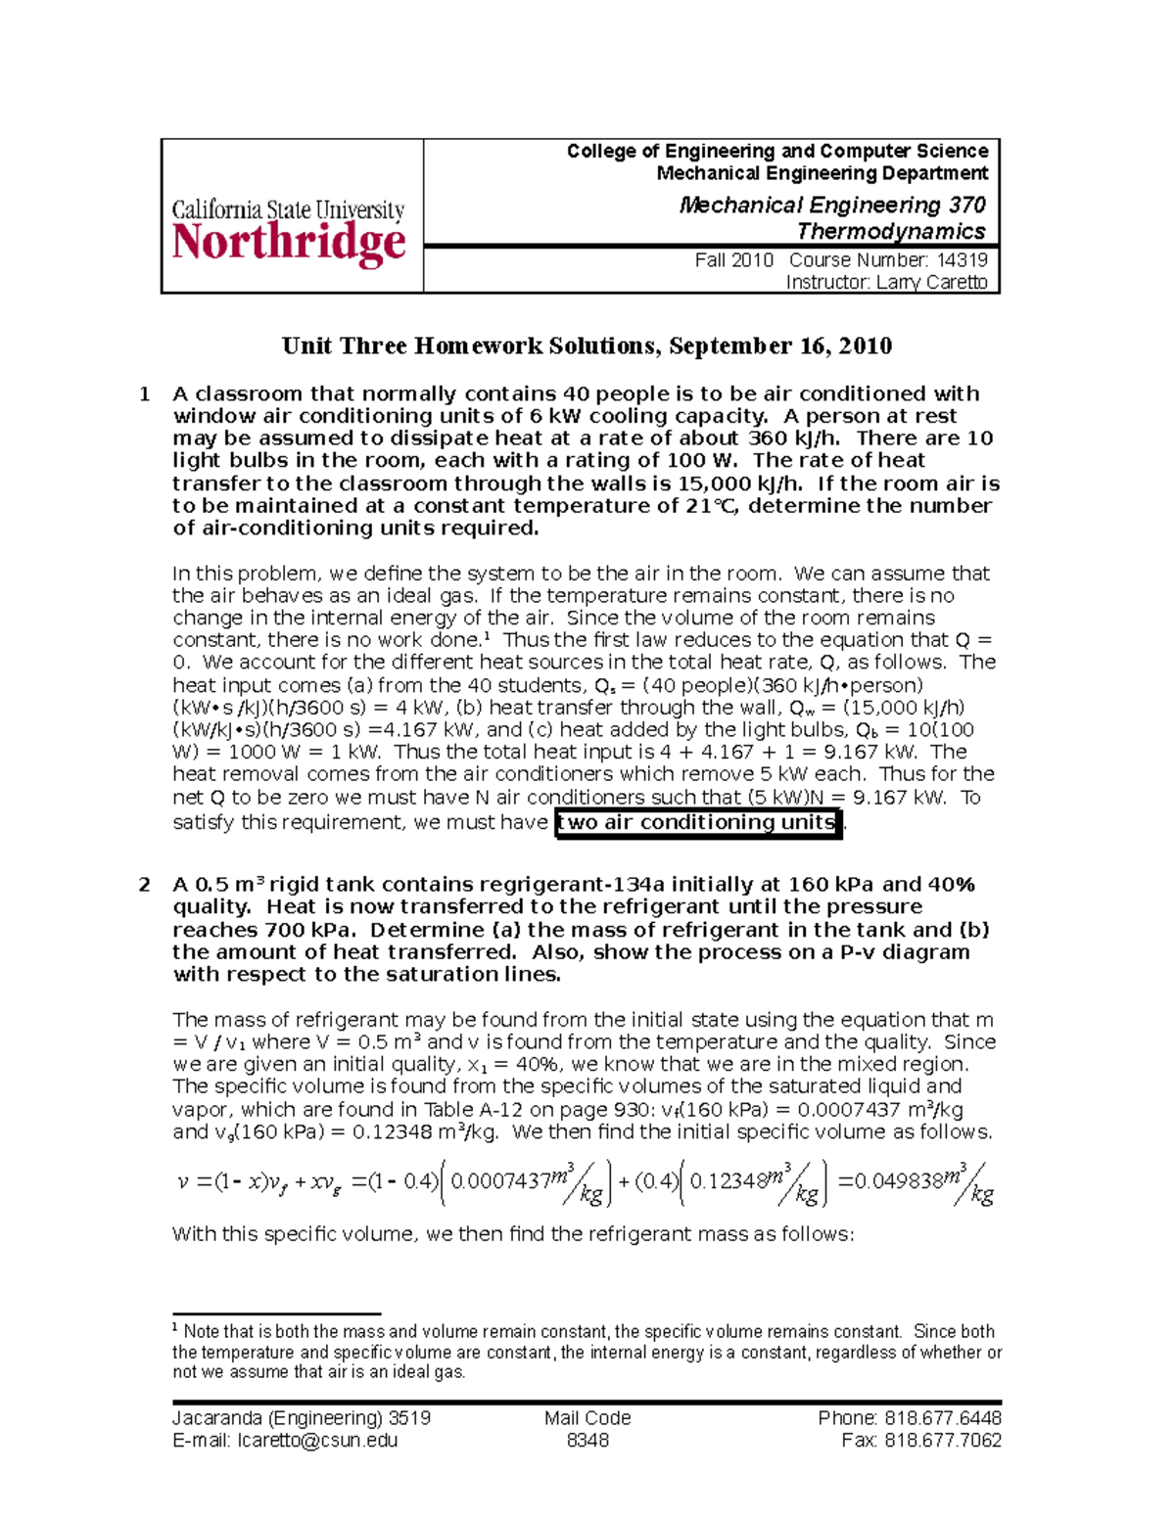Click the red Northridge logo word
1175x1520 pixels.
pos(289,243)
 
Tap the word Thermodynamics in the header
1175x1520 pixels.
pos(891,232)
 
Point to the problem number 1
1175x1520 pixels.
pos(145,394)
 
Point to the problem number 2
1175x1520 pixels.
pos(145,885)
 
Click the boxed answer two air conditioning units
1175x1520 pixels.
pos(698,822)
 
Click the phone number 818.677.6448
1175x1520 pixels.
pos(942,1418)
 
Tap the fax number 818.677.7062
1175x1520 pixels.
pos(942,1441)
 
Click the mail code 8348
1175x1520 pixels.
pos(587,1441)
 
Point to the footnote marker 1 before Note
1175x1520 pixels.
pos(175,1328)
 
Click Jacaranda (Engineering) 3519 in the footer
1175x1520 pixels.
pos(302,1418)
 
